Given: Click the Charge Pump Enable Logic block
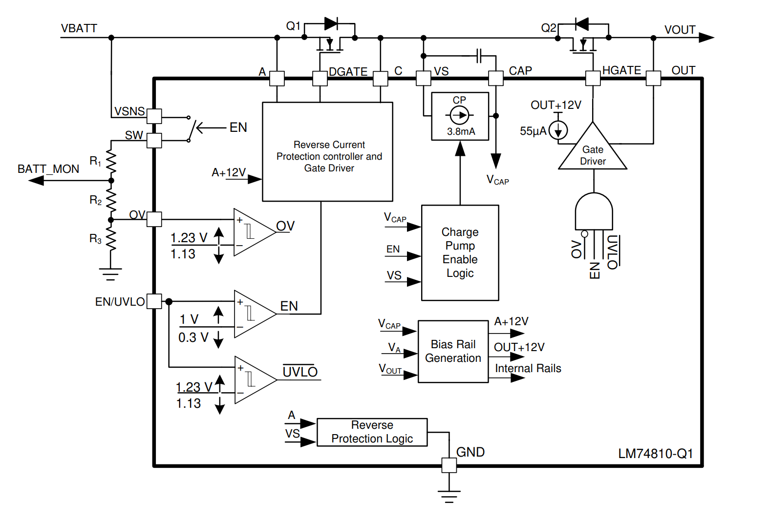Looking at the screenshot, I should tap(460, 252).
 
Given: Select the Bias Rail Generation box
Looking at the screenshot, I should tap(453, 351).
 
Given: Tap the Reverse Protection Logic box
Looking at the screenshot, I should tap(372, 432).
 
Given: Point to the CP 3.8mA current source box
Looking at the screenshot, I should tap(460, 116).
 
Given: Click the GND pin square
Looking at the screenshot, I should tap(449, 465).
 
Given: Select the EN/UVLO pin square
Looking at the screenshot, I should tap(154, 301).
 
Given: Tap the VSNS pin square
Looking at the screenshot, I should tap(154, 116).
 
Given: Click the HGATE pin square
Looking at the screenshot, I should tap(593, 78).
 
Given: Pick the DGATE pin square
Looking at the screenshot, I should tap(320, 78).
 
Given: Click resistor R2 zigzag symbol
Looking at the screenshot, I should tap(111, 200).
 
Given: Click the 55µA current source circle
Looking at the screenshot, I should tap(558, 130).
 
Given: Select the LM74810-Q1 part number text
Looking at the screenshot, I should tap(655, 454).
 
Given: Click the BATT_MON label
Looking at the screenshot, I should tap(48, 169).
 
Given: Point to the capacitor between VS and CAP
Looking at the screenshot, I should tap(479, 56).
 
